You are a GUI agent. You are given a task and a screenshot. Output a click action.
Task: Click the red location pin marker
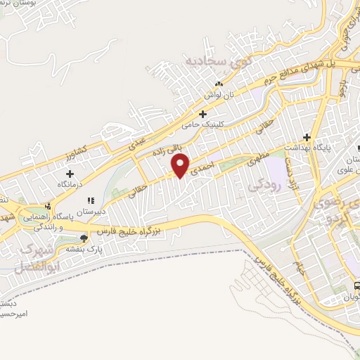(x=181, y=165)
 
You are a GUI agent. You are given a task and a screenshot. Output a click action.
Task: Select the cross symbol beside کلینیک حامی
(x=203, y=113)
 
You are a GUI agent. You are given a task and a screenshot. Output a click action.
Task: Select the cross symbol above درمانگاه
(x=70, y=174)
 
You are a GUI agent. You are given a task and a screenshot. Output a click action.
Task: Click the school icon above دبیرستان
(x=91, y=200)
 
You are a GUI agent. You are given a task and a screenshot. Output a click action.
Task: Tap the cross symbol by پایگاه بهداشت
(x=307, y=137)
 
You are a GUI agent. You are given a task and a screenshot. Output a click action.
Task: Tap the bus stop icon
(x=357, y=286)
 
